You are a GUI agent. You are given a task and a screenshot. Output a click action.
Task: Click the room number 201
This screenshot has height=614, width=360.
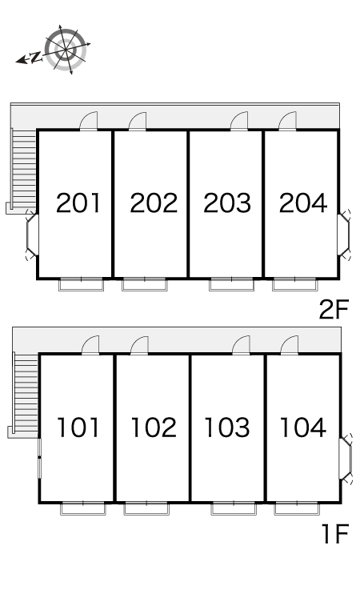78,203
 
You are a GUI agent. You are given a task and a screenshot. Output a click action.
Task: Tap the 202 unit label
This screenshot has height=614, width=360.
154,203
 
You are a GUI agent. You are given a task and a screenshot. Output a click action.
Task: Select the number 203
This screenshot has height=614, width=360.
227,203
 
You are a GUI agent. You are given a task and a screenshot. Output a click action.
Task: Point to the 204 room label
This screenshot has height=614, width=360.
303,203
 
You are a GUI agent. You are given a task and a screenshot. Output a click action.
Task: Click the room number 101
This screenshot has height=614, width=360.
78,427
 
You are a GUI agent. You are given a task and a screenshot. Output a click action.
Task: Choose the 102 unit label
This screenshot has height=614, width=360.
154,427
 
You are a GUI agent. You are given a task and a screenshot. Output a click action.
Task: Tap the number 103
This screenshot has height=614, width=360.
227,427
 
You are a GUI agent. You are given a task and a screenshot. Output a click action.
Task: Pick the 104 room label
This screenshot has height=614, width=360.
303,427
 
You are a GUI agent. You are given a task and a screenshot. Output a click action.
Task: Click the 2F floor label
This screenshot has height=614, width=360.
334,309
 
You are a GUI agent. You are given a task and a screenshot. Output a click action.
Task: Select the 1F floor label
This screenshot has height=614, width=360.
335,533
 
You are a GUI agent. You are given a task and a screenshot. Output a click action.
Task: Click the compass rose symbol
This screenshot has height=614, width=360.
66,50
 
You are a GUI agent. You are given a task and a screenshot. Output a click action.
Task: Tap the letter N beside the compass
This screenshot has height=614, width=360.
36,57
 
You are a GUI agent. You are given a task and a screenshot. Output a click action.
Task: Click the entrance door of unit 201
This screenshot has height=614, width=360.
89,121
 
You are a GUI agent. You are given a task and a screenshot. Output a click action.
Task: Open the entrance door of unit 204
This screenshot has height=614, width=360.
288,121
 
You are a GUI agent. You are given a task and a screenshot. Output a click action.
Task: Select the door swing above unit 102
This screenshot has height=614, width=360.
139,344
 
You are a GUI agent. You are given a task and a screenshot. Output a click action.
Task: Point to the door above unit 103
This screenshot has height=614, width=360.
241,344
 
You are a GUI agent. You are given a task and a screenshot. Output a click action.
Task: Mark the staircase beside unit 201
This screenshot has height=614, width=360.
24,169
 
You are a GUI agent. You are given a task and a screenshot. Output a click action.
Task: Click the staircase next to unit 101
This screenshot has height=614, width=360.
26,393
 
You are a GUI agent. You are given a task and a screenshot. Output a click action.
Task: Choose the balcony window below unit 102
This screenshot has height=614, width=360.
146,508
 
